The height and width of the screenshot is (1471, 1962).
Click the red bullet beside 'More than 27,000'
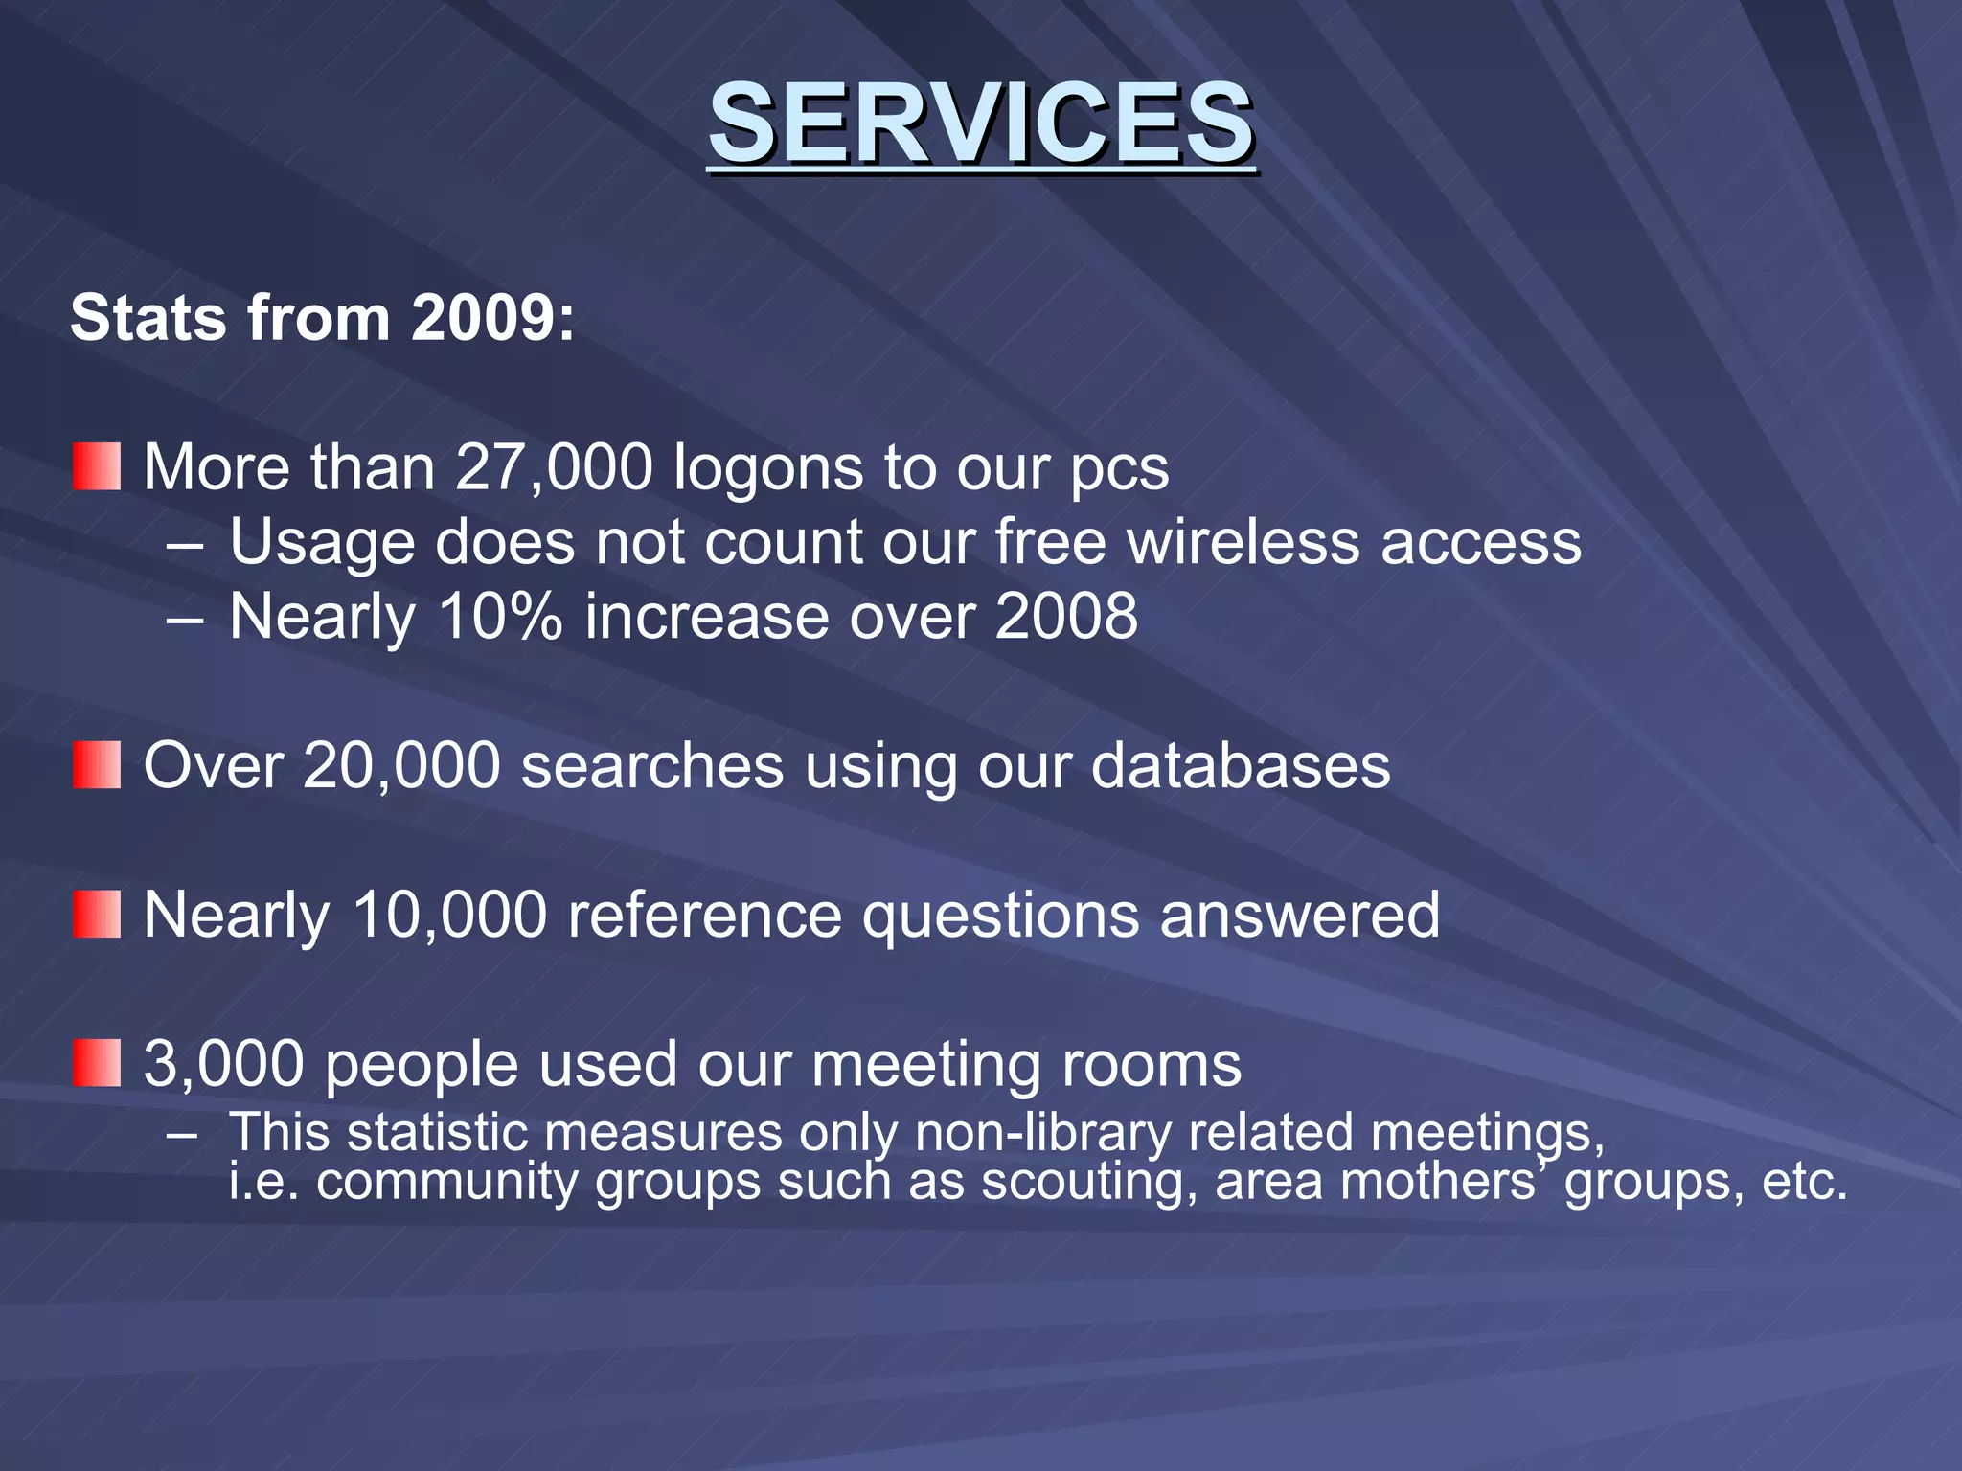click(97, 466)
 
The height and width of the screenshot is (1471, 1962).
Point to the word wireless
click(1243, 542)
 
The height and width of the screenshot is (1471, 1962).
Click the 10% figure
click(500, 616)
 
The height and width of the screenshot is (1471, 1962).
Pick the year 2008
click(1066, 616)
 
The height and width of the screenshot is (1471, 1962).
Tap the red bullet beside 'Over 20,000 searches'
click(97, 764)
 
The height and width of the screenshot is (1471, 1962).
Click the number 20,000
click(401, 766)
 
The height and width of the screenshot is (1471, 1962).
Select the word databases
click(1240, 766)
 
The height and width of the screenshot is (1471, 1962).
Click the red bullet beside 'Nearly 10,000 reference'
click(97, 914)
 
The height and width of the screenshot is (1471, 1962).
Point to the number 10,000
click(449, 915)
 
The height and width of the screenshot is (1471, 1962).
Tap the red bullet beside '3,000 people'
click(97, 1063)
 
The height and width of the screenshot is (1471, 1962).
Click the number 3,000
click(223, 1064)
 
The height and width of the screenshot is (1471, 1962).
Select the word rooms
click(1154, 1064)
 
